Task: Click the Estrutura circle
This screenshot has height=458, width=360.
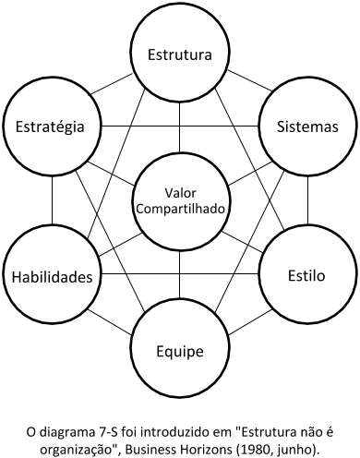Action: coord(181,54)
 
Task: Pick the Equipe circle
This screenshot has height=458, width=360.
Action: coord(181,350)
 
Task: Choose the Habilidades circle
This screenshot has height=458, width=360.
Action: coord(53,276)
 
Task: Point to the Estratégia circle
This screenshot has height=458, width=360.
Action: coord(53,125)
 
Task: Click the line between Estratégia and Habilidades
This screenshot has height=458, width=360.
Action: coord(53,200)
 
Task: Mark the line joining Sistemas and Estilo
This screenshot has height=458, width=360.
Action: coord(306,200)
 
